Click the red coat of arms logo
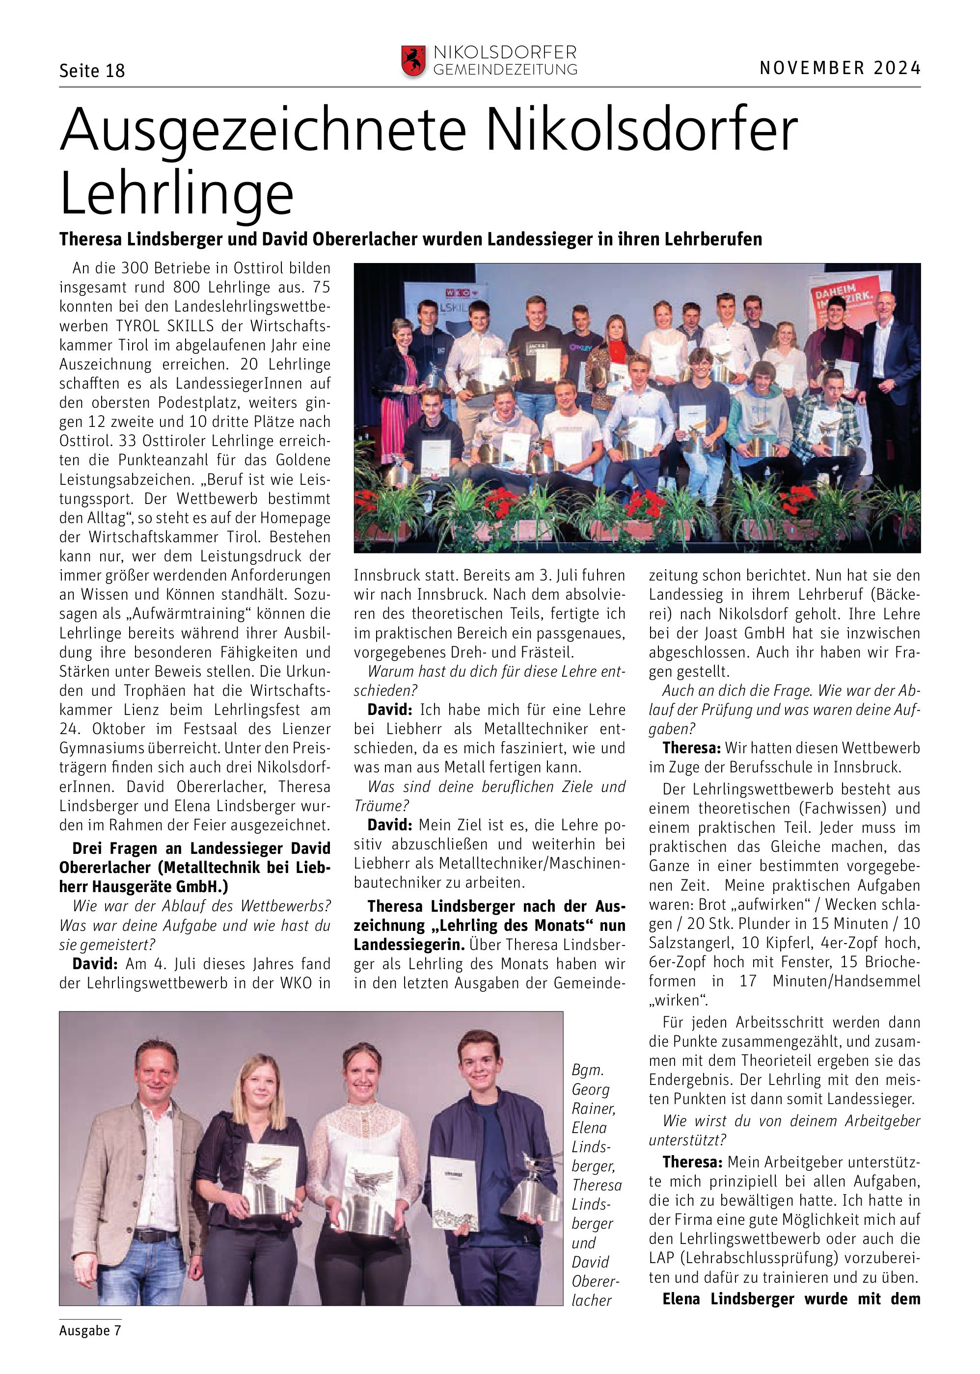(x=413, y=61)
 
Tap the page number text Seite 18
(x=92, y=71)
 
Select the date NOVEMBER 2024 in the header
(x=840, y=68)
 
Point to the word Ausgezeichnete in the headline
(x=264, y=130)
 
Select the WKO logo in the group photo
(x=459, y=293)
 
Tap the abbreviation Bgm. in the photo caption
(x=587, y=1070)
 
